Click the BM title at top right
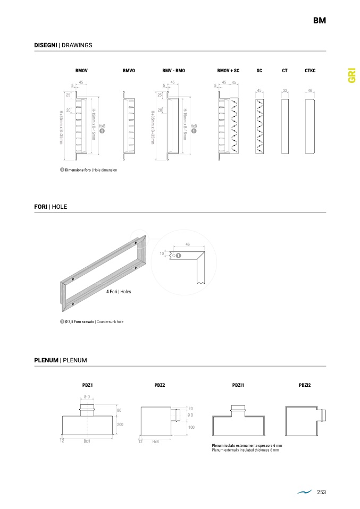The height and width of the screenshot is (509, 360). pyautogui.click(x=319, y=21)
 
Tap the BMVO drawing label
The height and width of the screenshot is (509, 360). pyautogui.click(x=129, y=71)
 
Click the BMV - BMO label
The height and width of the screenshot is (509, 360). pyautogui.click(x=173, y=71)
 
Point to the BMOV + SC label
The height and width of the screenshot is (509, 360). pyautogui.click(x=228, y=71)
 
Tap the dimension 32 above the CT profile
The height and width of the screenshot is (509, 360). pyautogui.click(x=285, y=90)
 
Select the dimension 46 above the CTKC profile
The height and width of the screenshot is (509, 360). pyautogui.click(x=310, y=90)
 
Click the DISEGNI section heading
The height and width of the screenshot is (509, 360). pyautogui.click(x=63, y=46)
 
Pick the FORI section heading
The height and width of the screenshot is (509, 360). pyautogui.click(x=51, y=207)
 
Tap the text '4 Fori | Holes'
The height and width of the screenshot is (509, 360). pyautogui.click(x=118, y=292)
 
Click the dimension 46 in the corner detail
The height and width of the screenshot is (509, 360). pyautogui.click(x=188, y=244)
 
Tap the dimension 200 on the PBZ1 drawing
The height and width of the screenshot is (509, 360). pyautogui.click(x=120, y=425)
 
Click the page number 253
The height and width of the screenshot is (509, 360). pyautogui.click(x=321, y=493)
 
